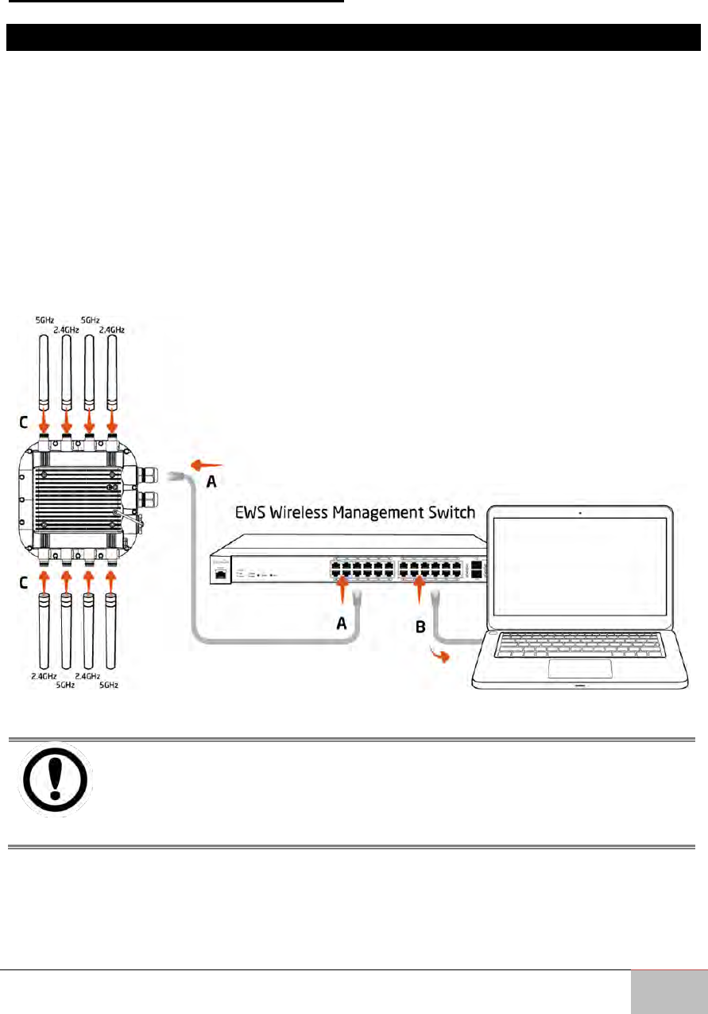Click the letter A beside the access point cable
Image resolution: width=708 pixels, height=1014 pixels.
pyautogui.click(x=212, y=480)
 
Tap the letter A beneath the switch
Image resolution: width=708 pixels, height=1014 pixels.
pyautogui.click(x=343, y=624)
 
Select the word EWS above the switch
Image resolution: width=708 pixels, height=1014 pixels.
pyautogui.click(x=250, y=514)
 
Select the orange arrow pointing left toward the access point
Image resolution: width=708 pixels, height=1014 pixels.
pyautogui.click(x=205, y=464)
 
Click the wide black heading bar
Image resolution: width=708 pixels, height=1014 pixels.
pyautogui.click(x=354, y=37)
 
